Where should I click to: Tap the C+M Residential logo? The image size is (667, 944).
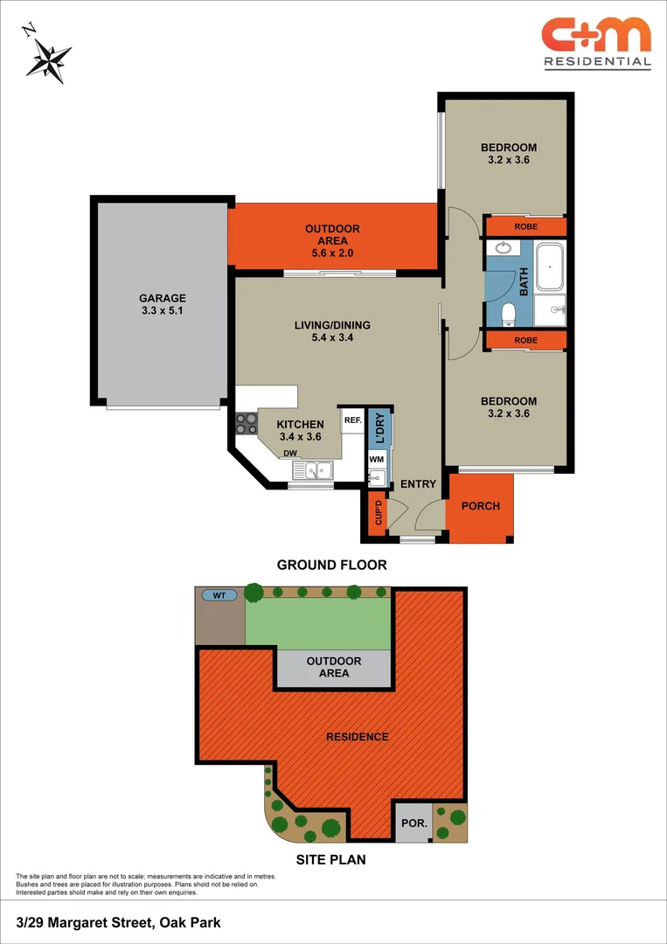coord(596,42)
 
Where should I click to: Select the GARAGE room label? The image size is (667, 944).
coord(163,298)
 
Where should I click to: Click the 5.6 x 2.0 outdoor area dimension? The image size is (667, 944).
coord(332,253)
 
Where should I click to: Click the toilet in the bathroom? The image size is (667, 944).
coord(508,311)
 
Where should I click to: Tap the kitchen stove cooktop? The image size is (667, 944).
coord(245,423)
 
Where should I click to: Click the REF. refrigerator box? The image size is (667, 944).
coord(352,420)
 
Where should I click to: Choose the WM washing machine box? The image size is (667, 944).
coord(377,459)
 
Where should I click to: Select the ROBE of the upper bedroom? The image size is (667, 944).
coord(525,226)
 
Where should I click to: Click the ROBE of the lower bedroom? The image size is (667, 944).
coord(525,340)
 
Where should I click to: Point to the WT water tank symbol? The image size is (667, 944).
coord(219,595)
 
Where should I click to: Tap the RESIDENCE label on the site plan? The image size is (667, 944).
coord(357,737)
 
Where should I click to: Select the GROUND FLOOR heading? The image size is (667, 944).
coord(331,565)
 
